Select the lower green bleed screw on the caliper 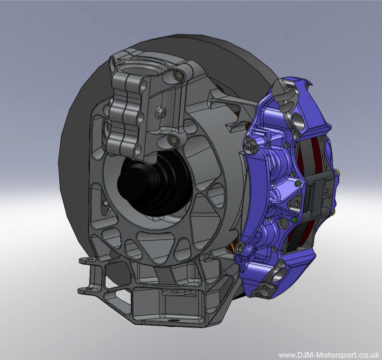pos(293,220)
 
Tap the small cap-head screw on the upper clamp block pos(160,110)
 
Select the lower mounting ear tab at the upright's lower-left pos(85,289)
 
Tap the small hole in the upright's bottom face pos(171,321)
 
